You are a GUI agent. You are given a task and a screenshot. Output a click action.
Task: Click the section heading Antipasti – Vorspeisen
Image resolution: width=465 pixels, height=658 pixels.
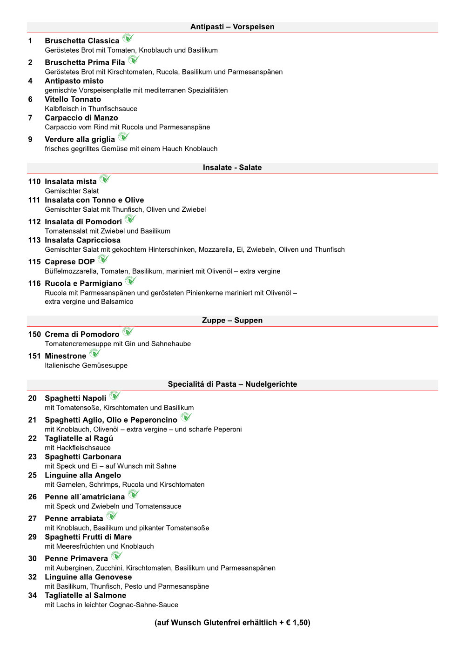click(x=232, y=27)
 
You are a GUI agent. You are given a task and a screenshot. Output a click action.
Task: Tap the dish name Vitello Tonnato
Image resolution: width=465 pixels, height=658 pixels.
click(x=73, y=99)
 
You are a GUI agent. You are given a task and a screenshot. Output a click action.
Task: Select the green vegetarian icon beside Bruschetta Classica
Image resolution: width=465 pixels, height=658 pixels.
click(x=128, y=38)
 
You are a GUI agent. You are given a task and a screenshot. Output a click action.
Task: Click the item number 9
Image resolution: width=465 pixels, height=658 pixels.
click(x=30, y=139)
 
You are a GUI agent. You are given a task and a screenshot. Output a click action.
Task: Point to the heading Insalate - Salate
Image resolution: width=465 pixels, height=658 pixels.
click(x=232, y=168)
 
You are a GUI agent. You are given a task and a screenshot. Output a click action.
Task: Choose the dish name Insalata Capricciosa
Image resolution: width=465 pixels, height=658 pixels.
click(x=82, y=240)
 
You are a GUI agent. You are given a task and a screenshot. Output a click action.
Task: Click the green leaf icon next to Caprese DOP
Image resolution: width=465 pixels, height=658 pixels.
click(x=103, y=259)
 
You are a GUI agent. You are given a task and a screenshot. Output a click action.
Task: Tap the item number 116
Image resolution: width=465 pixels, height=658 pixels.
click(x=34, y=283)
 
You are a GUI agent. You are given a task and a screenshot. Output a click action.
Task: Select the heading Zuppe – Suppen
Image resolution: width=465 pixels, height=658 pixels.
click(x=232, y=320)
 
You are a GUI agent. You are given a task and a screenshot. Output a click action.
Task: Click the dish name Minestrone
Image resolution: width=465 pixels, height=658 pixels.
click(x=65, y=356)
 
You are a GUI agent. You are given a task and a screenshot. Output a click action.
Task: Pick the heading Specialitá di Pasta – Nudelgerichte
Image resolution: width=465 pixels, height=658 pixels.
click(x=232, y=384)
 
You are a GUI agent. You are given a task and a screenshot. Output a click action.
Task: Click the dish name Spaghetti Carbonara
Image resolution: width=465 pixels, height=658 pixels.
click(x=83, y=457)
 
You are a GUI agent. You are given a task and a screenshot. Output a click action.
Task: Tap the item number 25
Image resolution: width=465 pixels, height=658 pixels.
click(x=32, y=475)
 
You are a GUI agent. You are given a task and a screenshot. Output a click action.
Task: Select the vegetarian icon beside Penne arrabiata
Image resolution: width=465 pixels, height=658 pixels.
click(x=112, y=516)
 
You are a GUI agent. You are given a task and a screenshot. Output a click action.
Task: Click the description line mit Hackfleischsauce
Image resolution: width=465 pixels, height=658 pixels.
click(x=78, y=448)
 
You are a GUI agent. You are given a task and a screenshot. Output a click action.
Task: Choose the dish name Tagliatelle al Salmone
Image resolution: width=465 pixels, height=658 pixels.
click(x=85, y=596)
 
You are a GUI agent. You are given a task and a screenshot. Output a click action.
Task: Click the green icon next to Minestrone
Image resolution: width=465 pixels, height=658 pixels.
click(x=94, y=353)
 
